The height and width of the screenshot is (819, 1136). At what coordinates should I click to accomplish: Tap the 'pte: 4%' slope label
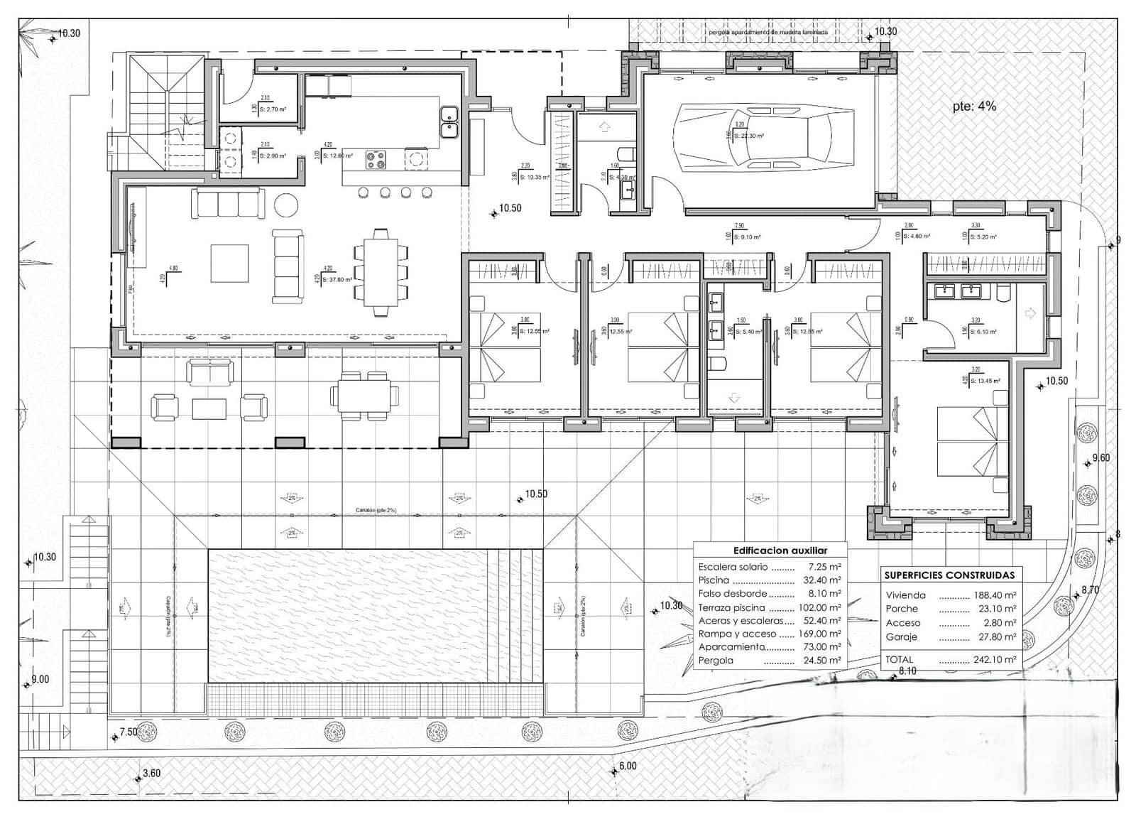coord(974,107)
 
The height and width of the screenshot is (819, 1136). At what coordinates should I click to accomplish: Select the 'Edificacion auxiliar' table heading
coord(780,550)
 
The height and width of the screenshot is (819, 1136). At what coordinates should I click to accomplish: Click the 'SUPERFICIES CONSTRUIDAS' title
coord(949,575)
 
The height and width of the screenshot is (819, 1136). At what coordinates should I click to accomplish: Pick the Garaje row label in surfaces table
coord(901,637)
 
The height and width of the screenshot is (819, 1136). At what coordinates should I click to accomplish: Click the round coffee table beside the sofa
coord(288,205)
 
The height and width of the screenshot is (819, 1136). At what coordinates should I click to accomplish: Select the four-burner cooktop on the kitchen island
coord(376,159)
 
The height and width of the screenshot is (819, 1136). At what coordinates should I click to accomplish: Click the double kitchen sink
coord(448,122)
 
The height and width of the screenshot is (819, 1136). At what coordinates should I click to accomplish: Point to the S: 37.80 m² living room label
coord(337,280)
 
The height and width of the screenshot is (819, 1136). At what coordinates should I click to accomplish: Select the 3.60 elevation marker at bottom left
coord(151,774)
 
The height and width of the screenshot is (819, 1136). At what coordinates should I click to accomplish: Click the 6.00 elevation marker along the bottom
coord(627,766)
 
